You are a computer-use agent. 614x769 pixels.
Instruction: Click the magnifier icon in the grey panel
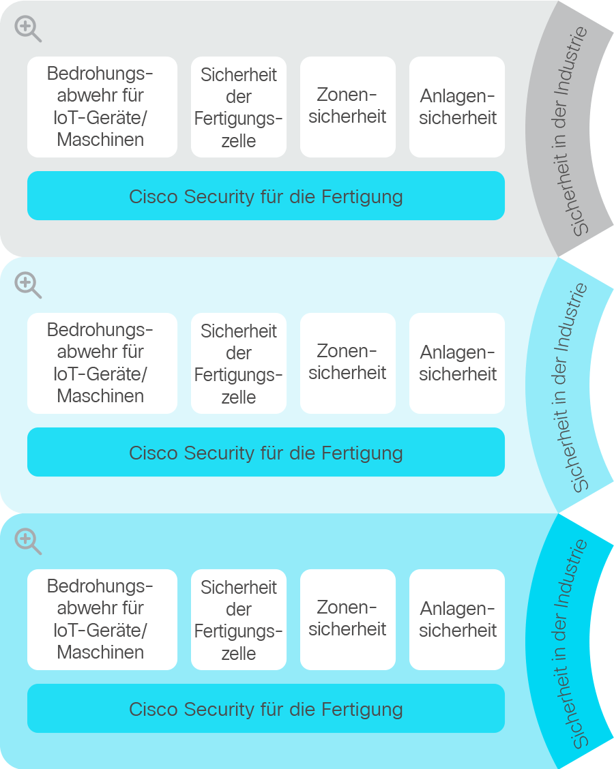(x=27, y=29)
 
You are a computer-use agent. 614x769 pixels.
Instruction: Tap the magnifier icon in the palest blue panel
(x=27, y=286)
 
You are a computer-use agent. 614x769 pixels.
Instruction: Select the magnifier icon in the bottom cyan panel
(x=27, y=541)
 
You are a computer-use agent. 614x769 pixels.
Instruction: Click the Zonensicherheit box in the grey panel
(x=347, y=107)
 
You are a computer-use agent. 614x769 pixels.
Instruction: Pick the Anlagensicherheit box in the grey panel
(x=457, y=107)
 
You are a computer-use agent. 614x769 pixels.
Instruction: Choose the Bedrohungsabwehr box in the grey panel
(x=102, y=107)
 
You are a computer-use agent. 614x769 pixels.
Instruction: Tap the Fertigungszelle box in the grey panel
(x=239, y=107)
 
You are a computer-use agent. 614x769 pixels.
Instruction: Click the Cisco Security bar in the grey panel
(x=266, y=196)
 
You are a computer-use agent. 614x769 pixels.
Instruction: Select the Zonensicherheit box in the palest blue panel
(x=347, y=363)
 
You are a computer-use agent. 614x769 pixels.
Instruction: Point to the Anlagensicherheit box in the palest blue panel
(x=457, y=363)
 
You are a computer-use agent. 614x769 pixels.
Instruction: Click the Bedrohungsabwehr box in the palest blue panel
(x=102, y=363)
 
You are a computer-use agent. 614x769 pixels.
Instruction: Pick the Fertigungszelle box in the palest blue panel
(x=239, y=363)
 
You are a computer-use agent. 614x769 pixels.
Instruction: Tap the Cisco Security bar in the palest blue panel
(x=266, y=452)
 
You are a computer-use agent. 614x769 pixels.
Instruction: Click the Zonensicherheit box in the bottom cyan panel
(x=347, y=620)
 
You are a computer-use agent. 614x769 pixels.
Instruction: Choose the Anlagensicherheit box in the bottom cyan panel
(x=457, y=620)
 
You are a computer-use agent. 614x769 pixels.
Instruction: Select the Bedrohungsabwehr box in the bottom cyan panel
(x=102, y=620)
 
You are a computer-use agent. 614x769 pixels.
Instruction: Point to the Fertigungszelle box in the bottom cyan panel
(x=239, y=620)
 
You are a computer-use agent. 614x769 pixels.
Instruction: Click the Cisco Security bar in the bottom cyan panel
(x=266, y=708)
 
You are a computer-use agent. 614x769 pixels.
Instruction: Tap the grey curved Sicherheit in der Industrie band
(x=557, y=128)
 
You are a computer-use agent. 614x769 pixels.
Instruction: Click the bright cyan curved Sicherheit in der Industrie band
(x=557, y=641)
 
